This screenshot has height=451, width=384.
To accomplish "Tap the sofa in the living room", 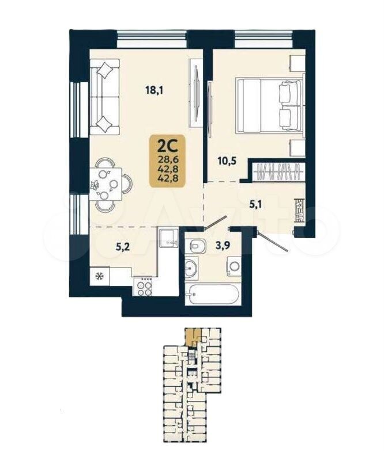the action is point(105,97).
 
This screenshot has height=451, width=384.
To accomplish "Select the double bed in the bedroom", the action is point(270,106).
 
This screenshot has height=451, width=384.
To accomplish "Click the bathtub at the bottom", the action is point(212,294).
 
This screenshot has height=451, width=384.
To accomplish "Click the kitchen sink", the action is point(168,238).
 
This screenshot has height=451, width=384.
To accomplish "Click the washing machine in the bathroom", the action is point(234,266).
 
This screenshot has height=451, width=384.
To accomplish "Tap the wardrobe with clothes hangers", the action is point(277,172).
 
